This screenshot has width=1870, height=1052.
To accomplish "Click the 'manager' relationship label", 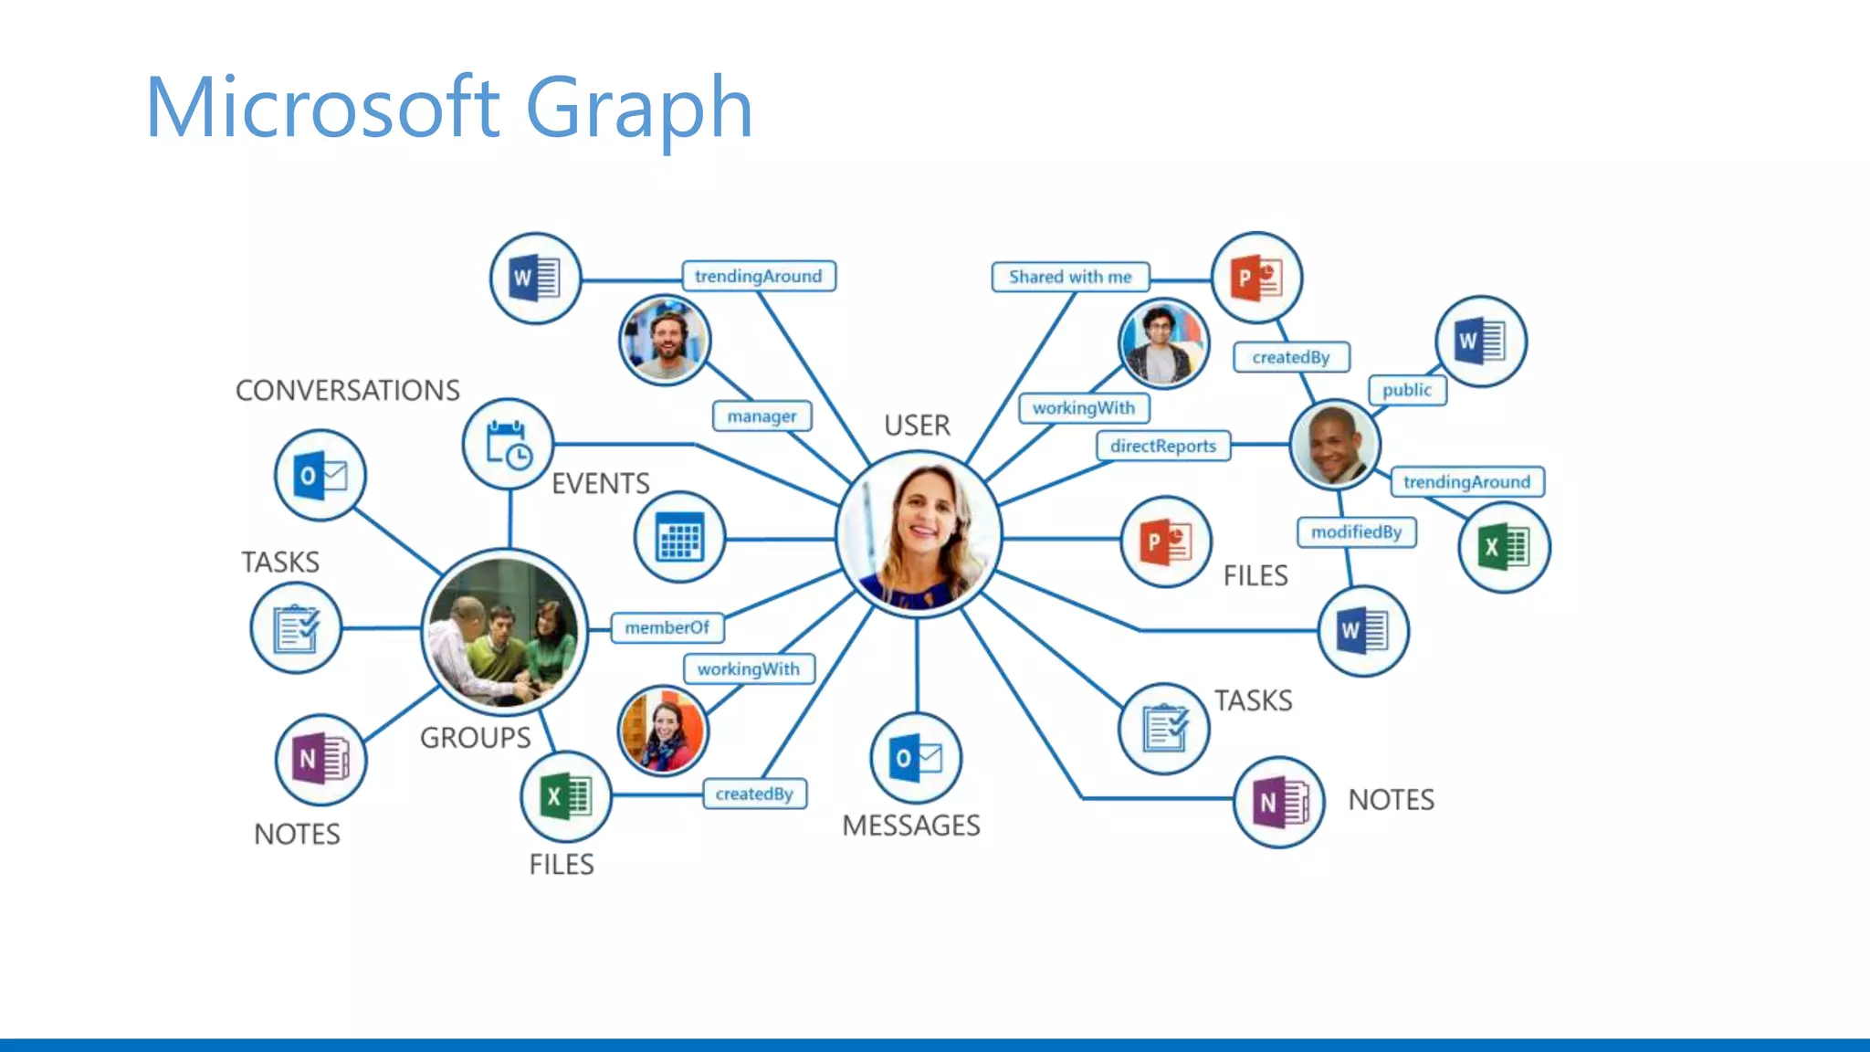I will [x=762, y=416].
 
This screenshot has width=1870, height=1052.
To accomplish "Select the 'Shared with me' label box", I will [x=1070, y=277].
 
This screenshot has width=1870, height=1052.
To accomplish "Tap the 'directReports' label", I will [x=1163, y=446].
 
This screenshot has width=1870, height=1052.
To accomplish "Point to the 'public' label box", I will [x=1406, y=390].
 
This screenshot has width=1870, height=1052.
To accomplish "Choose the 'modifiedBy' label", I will [x=1356, y=531].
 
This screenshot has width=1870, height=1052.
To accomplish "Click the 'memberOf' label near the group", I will [x=667, y=627].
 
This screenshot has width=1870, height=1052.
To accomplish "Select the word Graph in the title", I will [x=638, y=108].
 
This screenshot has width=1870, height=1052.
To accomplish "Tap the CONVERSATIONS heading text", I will [x=348, y=391].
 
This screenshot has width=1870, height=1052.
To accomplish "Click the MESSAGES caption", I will [x=911, y=826].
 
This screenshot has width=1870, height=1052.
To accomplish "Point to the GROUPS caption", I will [x=476, y=738].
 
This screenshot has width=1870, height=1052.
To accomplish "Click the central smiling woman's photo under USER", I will [x=919, y=535].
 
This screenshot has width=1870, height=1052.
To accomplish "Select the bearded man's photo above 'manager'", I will [x=665, y=340].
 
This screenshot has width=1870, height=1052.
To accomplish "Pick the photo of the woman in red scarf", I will [x=663, y=731].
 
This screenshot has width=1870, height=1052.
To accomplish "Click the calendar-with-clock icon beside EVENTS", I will [x=508, y=445].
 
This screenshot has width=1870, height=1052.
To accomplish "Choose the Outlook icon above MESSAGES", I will [x=917, y=758].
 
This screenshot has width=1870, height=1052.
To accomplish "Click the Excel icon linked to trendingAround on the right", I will [x=1504, y=548].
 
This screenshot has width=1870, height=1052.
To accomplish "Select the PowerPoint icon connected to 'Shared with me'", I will [x=1256, y=278].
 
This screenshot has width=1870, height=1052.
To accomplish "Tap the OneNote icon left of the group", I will [x=320, y=759].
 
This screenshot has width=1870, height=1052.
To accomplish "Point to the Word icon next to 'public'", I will [x=1480, y=342].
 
